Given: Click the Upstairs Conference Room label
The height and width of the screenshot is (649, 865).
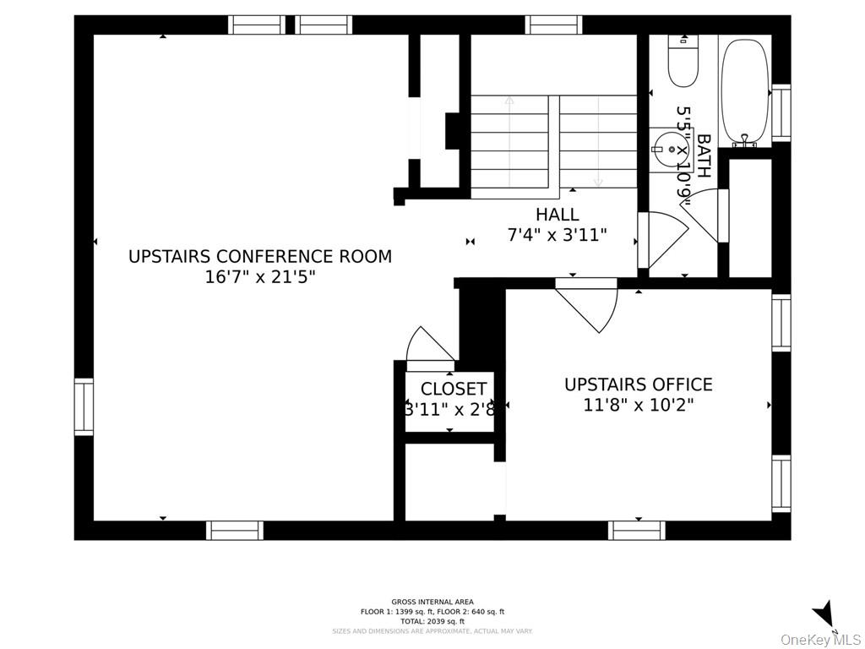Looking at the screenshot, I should point(260,256).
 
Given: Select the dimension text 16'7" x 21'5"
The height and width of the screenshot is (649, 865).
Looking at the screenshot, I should point(260,277).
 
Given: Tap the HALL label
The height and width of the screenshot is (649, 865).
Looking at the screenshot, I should point(558,215).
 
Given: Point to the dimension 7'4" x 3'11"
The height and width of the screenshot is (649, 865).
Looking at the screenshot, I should point(558,235).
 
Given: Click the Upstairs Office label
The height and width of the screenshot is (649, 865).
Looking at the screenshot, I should point(638,384).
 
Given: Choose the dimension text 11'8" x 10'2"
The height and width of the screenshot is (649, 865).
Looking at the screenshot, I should point(638,405).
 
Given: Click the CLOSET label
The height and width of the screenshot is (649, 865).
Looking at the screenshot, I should point(454,389).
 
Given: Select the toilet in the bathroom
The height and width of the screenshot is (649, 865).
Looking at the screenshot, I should point(683,61).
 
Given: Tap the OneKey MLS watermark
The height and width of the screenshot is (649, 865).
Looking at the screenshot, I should point(820,639).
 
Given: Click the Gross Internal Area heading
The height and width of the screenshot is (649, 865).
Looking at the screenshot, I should point(432,602).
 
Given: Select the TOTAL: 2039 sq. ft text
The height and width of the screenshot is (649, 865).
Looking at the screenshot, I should point(432,621).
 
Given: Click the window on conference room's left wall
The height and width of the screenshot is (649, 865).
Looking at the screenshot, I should point(84,407).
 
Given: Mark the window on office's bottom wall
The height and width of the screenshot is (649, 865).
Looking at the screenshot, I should point(636,530).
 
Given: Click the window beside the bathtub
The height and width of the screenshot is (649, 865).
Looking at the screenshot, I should point(781,113).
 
